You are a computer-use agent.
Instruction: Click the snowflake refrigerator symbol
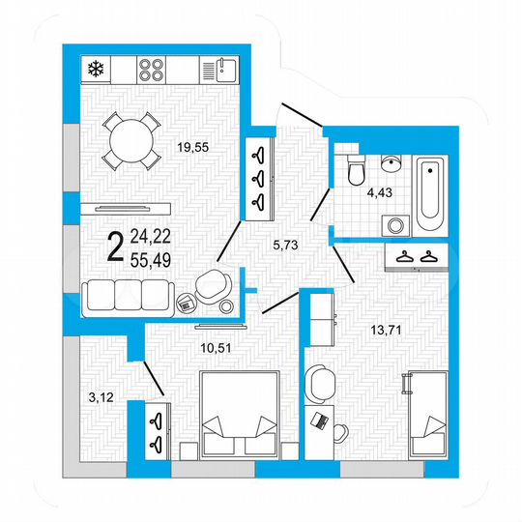[95, 69]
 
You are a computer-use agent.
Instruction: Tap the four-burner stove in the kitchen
[151, 69]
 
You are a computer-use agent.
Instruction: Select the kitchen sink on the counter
[224, 69]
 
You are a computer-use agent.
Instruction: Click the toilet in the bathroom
[355, 171]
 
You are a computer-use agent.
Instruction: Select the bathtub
[428, 188]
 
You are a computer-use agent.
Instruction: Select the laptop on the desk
[318, 420]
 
